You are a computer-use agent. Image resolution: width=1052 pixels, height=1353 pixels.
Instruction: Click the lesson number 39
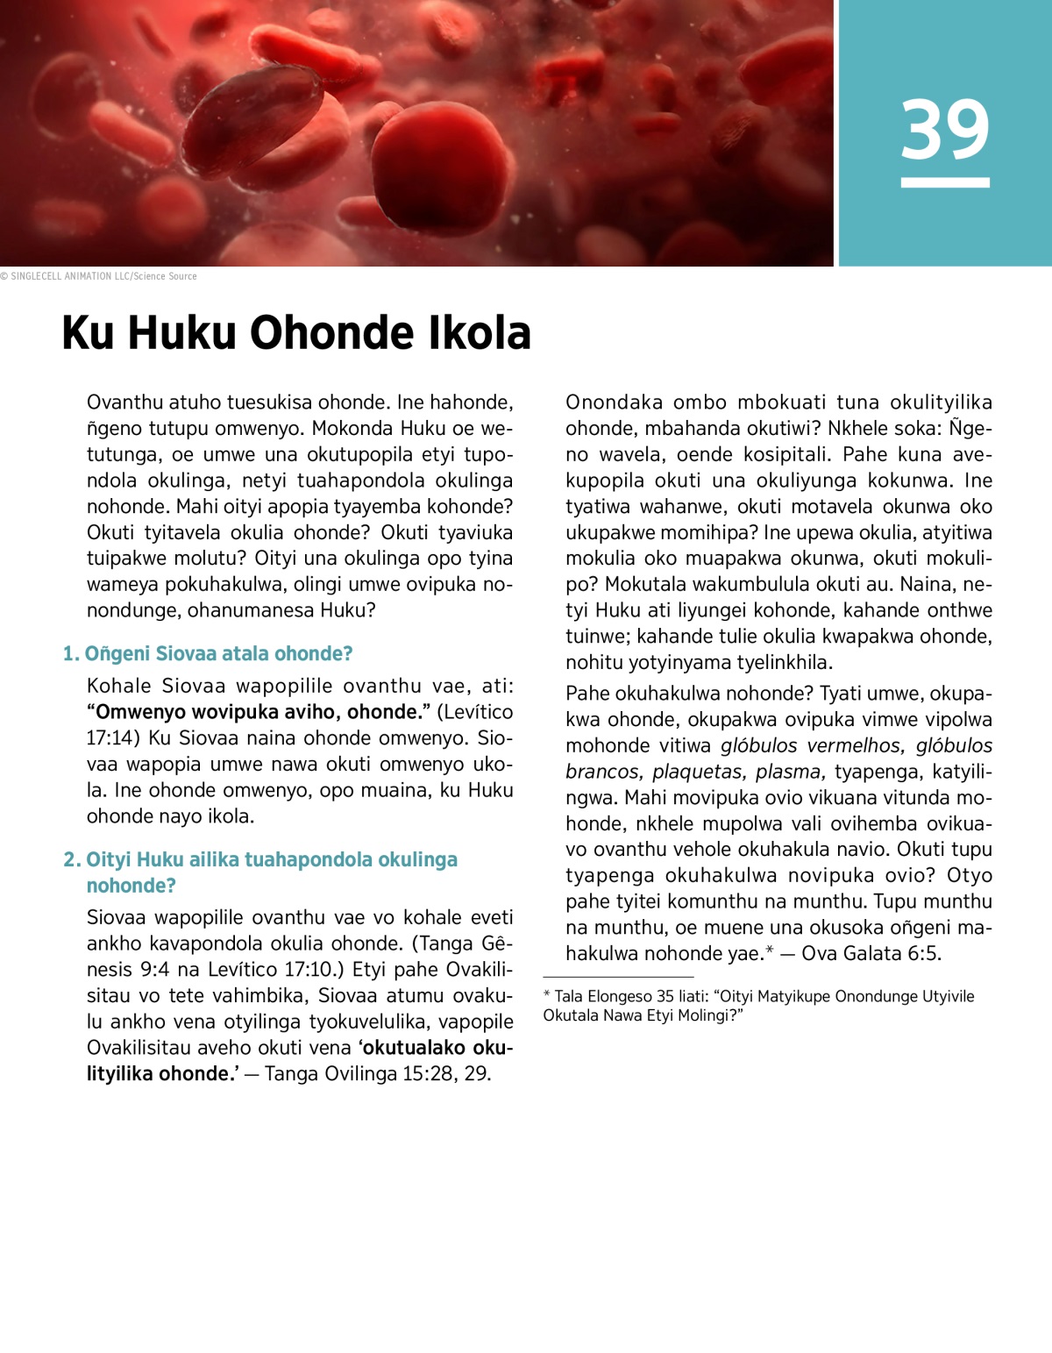click(945, 129)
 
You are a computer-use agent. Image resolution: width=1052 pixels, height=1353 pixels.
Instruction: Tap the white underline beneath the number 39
click(945, 182)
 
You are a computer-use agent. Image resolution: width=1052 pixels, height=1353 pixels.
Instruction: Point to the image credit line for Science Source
click(98, 276)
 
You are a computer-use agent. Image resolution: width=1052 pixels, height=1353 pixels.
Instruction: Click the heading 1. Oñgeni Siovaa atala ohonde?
click(208, 653)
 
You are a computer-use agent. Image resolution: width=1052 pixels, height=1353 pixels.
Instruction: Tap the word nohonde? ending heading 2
click(131, 886)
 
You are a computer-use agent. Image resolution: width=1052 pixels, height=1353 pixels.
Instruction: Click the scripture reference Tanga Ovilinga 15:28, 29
click(377, 1074)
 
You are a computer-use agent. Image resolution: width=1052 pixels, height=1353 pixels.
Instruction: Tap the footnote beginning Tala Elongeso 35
click(758, 1006)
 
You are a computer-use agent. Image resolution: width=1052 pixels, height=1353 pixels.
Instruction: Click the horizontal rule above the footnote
click(618, 977)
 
